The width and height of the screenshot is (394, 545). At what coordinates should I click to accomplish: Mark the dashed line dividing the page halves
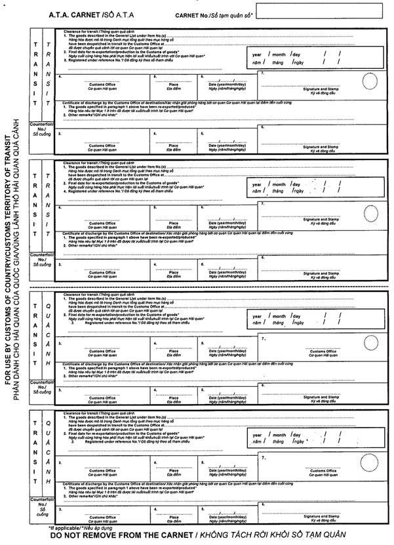pos(197,287)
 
